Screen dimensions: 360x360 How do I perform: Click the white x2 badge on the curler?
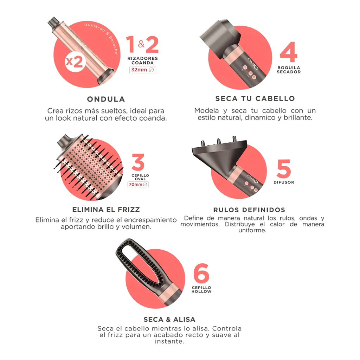[x=74, y=62]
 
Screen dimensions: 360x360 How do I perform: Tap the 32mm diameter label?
[x=143, y=70]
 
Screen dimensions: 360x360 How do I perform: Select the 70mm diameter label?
[x=138, y=184]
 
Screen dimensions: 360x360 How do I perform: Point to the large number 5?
[x=284, y=169]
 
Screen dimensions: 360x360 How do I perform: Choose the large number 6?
[x=201, y=273]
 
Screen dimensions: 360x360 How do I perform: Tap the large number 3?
[x=138, y=162]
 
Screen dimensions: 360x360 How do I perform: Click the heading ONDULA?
[x=106, y=99]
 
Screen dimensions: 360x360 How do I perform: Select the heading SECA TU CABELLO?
[x=255, y=98]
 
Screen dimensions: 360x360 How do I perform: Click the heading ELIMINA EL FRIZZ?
[x=106, y=210]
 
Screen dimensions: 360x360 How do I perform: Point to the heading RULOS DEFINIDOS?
[x=249, y=210]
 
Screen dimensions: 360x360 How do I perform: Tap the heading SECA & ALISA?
[x=169, y=319]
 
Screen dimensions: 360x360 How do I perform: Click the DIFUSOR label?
[x=284, y=182]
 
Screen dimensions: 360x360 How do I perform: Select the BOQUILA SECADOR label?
[x=289, y=70]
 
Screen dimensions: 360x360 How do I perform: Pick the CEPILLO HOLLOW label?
[x=201, y=290]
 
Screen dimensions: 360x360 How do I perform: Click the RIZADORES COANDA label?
[x=143, y=60]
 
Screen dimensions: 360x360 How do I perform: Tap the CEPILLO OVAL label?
[x=140, y=177]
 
